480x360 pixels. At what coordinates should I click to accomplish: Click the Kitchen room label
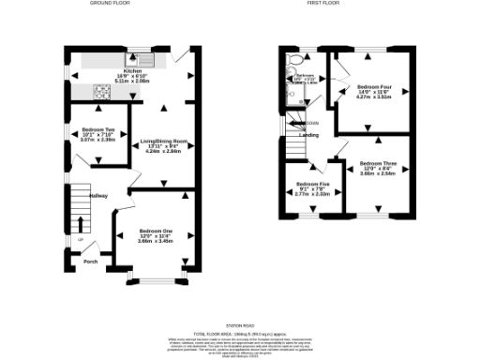(132, 70)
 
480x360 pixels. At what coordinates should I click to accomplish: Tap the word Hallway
(98, 195)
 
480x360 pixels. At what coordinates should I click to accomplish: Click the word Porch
(91, 262)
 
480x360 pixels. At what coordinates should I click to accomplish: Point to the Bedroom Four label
(374, 86)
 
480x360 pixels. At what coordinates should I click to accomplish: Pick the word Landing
(308, 135)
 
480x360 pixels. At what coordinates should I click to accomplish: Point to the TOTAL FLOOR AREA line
(240, 333)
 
